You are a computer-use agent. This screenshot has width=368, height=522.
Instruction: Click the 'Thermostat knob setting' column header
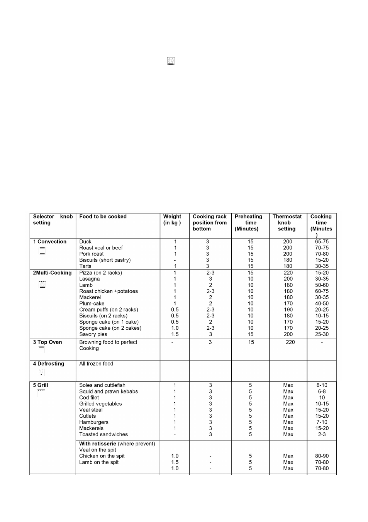[x=287, y=223]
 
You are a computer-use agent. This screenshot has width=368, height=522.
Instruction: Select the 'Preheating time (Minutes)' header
[x=248, y=223]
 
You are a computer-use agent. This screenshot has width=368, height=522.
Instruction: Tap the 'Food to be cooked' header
[x=103, y=217]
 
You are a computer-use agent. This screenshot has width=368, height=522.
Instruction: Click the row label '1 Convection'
[x=50, y=242]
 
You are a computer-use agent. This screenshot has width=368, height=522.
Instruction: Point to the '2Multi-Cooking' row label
[x=52, y=273]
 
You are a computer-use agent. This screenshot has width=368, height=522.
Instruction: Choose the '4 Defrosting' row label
[x=49, y=364]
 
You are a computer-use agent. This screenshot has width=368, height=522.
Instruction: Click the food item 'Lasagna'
[x=90, y=279]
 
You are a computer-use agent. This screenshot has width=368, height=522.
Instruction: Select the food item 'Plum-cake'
[x=92, y=303]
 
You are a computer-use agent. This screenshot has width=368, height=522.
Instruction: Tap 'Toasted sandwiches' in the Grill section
[x=103, y=435]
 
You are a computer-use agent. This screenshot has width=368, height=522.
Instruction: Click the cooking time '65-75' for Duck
[x=322, y=242]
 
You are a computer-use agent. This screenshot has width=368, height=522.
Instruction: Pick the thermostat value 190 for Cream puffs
[x=288, y=310]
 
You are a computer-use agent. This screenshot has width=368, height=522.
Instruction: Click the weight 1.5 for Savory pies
[x=175, y=334]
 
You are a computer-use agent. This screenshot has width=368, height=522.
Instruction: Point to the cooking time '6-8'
[x=322, y=391]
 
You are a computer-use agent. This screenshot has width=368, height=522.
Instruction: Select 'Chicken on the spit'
[x=102, y=456]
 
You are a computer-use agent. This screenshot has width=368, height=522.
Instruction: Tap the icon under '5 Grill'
[x=41, y=393]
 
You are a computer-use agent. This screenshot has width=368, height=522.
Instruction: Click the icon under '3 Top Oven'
[x=41, y=349]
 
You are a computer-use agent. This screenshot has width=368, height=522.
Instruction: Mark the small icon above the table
[x=171, y=61]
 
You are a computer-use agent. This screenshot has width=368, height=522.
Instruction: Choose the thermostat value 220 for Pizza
[x=288, y=273]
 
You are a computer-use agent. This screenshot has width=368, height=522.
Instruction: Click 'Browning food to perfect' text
[x=108, y=342]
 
